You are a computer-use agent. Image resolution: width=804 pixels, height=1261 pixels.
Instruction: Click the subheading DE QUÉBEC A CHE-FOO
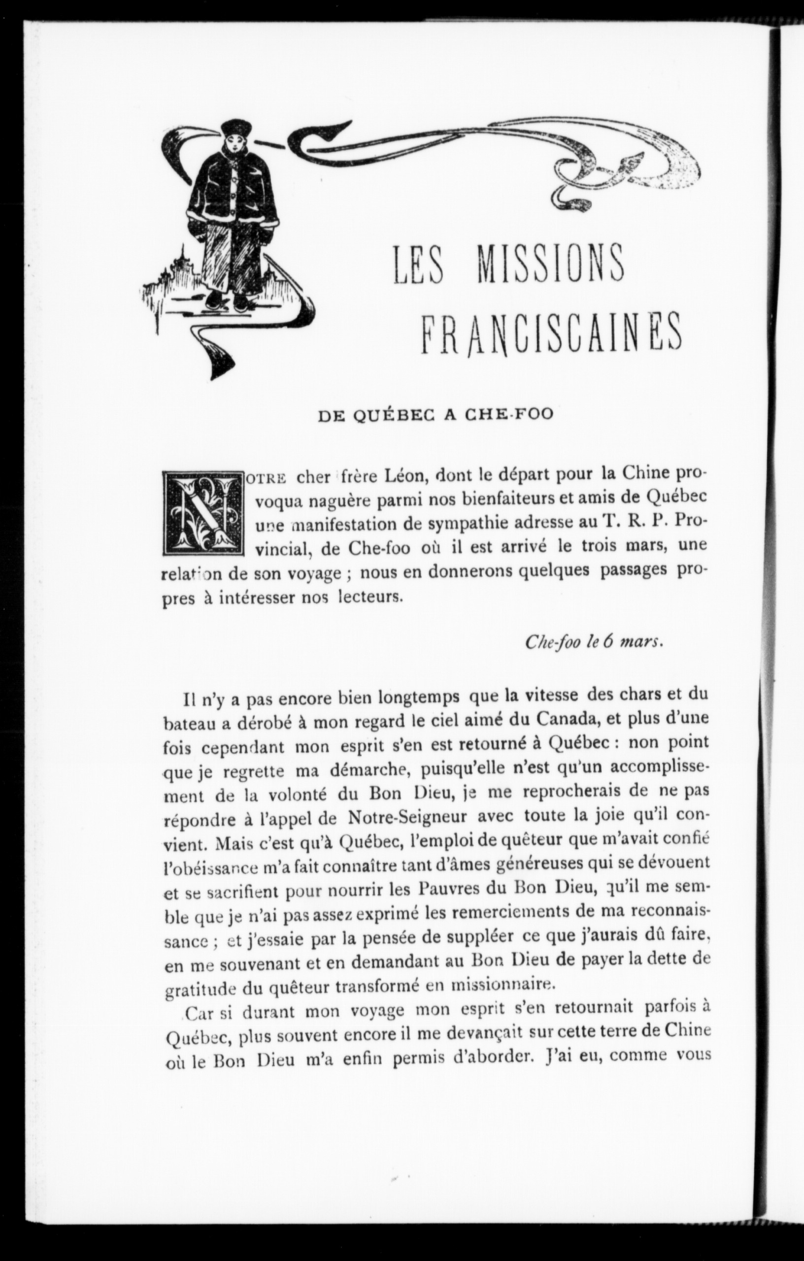[429, 414]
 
